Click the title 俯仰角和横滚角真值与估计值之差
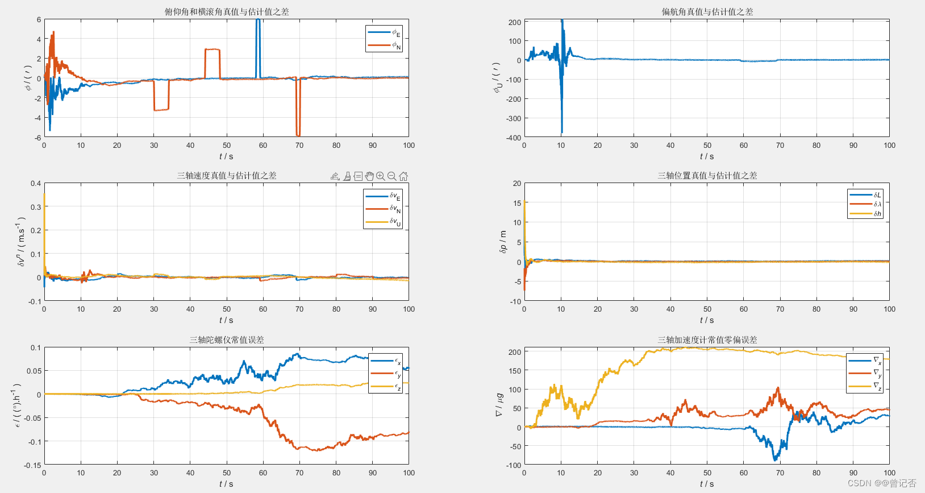(227, 11)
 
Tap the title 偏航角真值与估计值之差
(707, 11)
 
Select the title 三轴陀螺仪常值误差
(227, 339)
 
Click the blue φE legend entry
(384, 32)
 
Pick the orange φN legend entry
(384, 45)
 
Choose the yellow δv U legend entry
(383, 222)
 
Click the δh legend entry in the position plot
(865, 214)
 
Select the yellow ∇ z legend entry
(865, 386)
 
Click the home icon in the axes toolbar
(403, 176)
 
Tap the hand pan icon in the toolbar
(369, 176)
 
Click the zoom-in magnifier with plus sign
(381, 176)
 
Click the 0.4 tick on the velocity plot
(36, 184)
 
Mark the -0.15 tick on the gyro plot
(33, 465)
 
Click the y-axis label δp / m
(503, 242)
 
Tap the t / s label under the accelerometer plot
(707, 484)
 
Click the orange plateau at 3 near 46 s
(212, 49)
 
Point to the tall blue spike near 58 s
(258, 45)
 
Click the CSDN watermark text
(881, 483)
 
